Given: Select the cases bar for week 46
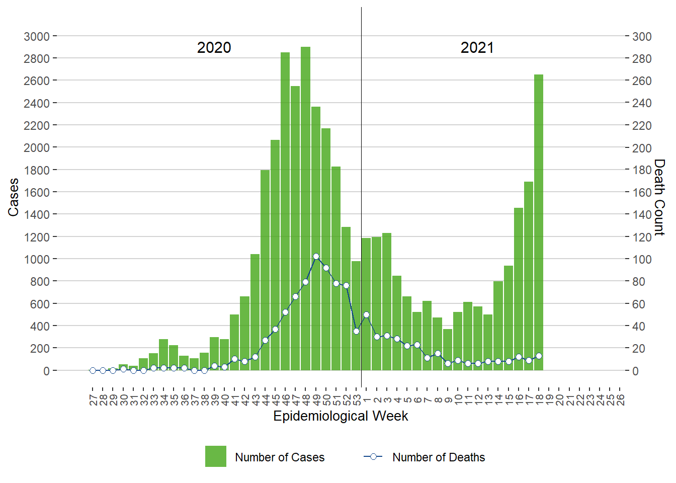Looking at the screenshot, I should (x=285, y=211).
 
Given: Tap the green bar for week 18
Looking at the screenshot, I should (x=539, y=221).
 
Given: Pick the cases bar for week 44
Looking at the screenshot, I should (x=265, y=272).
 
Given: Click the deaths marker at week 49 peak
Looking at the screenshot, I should (x=316, y=257).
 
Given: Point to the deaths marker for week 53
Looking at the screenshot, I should (x=356, y=331).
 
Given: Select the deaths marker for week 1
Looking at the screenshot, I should (x=366, y=315).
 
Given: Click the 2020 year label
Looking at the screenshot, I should (x=214, y=48).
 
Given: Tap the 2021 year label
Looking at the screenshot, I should (x=477, y=48).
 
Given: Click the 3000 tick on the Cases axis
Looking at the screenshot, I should (x=37, y=36).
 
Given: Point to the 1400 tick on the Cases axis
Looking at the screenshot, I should (x=37, y=214).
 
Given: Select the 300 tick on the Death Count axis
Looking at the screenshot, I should (x=642, y=36).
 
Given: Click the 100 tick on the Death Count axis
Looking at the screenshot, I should (x=642, y=259).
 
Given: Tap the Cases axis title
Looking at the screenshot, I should (x=13, y=197).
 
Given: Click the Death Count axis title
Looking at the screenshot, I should (x=659, y=197).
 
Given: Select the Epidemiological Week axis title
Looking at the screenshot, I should (x=341, y=416).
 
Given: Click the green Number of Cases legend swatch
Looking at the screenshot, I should (x=215, y=456).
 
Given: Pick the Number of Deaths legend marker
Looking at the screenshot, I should (x=373, y=457).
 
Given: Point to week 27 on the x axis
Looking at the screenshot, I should (x=93, y=400).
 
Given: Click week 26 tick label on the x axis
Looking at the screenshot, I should (x=620, y=400).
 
